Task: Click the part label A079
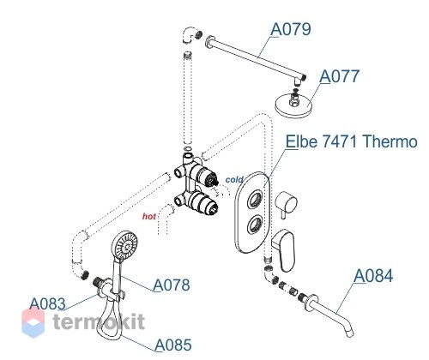click(x=291, y=29)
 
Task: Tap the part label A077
click(x=339, y=76)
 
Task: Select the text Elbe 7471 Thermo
click(x=352, y=141)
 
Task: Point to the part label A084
click(x=373, y=276)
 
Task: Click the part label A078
click(x=172, y=285)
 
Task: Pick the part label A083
click(x=47, y=303)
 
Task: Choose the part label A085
click(x=173, y=345)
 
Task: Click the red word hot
click(x=149, y=216)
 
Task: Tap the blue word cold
click(x=234, y=180)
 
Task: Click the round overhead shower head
click(x=293, y=105)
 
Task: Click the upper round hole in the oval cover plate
click(x=255, y=198)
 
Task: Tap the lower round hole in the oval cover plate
click(x=255, y=224)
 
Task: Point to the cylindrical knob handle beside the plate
click(x=286, y=203)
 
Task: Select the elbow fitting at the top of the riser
click(x=190, y=35)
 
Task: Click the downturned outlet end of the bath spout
click(x=350, y=333)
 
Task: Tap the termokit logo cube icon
click(x=33, y=323)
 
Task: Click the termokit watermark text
click(x=99, y=321)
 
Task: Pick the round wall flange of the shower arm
click(x=210, y=42)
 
